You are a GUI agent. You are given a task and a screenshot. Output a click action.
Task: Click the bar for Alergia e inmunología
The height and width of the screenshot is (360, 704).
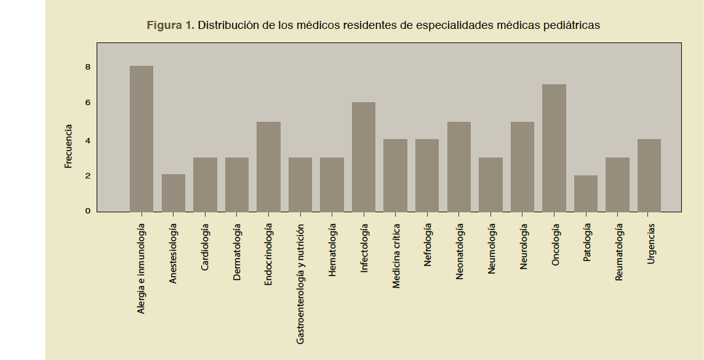[x=142, y=138]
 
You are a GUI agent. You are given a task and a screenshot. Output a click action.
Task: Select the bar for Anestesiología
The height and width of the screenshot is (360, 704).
[x=174, y=193]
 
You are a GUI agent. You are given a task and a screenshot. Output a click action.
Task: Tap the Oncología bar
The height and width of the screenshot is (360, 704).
[x=554, y=148]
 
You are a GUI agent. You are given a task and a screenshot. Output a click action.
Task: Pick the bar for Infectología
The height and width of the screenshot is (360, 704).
[x=364, y=157]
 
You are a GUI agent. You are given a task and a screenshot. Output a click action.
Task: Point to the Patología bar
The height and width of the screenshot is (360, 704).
[x=586, y=193]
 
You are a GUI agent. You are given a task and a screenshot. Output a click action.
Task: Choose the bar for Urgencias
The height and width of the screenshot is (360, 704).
[x=649, y=175]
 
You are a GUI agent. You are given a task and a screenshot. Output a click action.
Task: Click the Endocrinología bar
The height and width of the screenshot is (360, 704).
[x=268, y=166]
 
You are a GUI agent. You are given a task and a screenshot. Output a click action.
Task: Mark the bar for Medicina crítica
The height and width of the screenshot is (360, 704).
[x=395, y=175]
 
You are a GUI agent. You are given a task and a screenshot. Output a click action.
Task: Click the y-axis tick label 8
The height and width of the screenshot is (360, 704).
[x=87, y=66]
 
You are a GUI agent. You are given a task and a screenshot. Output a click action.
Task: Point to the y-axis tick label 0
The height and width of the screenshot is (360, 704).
[x=87, y=211]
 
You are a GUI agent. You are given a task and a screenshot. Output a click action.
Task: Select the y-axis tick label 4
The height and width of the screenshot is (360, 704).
[x=87, y=140]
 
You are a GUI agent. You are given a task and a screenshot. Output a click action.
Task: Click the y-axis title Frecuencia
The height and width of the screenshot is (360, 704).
[x=69, y=146]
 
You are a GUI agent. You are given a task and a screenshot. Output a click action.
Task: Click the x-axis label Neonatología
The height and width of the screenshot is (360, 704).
[x=460, y=252]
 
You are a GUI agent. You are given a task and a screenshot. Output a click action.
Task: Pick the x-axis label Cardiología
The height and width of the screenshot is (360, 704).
[x=205, y=248]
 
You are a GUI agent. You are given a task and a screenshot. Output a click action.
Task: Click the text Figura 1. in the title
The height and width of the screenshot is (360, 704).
[x=170, y=26]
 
